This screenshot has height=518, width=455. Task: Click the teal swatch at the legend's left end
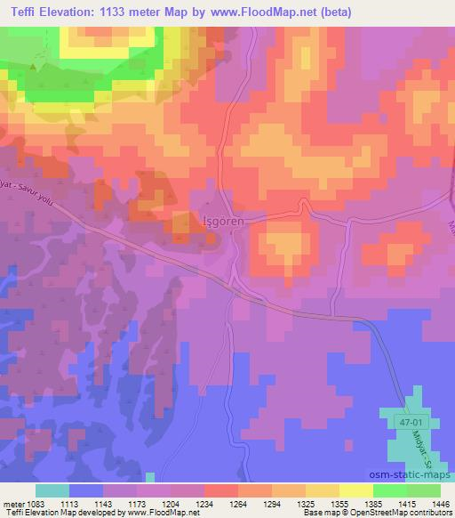pos(52,491)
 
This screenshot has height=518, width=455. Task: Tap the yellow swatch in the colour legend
pos(356,491)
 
